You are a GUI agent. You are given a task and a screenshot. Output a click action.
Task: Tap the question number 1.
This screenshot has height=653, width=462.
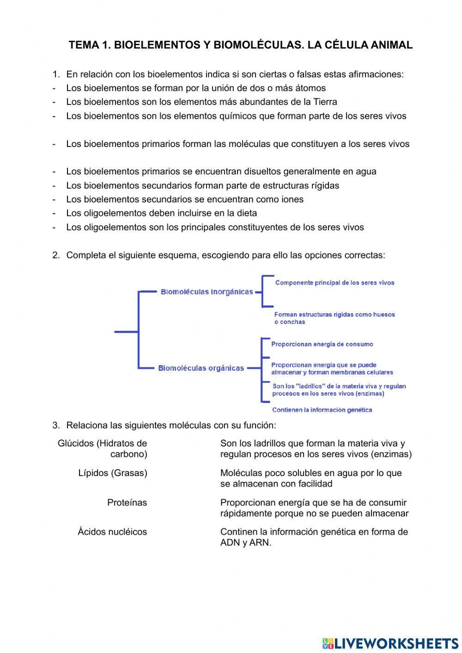click(55, 74)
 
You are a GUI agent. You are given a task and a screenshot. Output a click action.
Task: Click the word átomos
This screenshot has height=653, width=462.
click(310, 88)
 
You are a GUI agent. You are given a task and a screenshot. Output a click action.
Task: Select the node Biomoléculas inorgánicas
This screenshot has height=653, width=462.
click(207, 292)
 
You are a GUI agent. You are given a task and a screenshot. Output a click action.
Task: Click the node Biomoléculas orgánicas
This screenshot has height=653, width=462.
click(201, 368)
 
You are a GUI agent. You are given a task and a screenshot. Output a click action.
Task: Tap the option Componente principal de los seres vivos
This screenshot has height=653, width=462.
click(334, 283)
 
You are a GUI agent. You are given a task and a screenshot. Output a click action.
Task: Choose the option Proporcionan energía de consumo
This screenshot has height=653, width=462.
click(322, 344)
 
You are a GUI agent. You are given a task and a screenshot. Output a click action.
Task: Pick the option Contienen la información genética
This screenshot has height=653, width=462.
click(322, 410)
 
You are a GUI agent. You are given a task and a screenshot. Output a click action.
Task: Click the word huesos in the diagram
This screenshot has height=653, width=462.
click(383, 315)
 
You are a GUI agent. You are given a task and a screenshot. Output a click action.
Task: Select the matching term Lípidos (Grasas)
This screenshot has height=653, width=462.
click(113, 473)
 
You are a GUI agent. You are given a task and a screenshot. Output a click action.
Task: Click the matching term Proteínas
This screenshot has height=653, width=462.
click(127, 503)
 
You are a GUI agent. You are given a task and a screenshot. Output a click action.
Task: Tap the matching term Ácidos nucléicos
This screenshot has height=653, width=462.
click(112, 532)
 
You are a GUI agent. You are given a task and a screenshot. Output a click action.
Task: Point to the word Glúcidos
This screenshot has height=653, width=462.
click(76, 444)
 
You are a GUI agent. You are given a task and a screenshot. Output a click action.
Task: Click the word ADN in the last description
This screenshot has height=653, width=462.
click(230, 543)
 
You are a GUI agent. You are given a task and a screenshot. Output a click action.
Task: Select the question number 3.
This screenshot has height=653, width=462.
click(55, 425)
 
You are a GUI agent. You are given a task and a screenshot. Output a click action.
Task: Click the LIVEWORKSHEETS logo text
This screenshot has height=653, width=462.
click(396, 643)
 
